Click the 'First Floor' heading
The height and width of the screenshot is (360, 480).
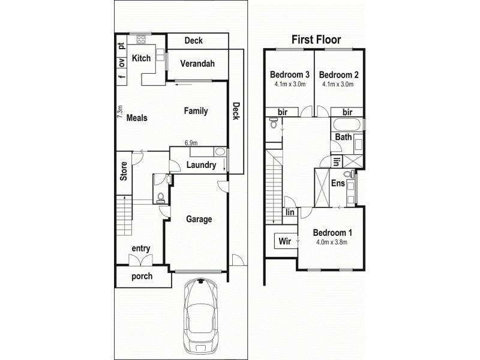pyautogui.click(x=316, y=40)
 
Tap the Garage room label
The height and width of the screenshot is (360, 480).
pyautogui.click(x=199, y=220)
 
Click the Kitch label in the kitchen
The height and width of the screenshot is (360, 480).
pyautogui.click(x=141, y=58)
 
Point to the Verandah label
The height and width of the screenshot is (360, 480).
pyautogui.click(x=197, y=64)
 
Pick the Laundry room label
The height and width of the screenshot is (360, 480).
pyautogui.click(x=200, y=165)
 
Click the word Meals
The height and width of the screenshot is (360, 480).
pyautogui.click(x=137, y=118)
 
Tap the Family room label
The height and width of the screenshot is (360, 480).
pyautogui.click(x=196, y=111)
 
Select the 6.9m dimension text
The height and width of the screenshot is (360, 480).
pyautogui.click(x=191, y=143)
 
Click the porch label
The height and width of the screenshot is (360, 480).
pyautogui.click(x=142, y=277)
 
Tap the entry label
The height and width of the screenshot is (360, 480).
pyautogui.click(x=140, y=248)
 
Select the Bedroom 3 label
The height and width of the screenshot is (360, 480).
pyautogui.click(x=289, y=75)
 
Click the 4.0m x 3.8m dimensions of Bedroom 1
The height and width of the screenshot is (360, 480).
pyautogui.click(x=332, y=242)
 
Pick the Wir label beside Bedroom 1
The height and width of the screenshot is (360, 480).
pyautogui.click(x=284, y=241)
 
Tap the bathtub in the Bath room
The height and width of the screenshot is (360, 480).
pyautogui.click(x=346, y=126)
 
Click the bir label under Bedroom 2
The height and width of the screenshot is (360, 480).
pyautogui.click(x=347, y=112)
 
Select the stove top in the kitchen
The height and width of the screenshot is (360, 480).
pyautogui.click(x=142, y=40)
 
